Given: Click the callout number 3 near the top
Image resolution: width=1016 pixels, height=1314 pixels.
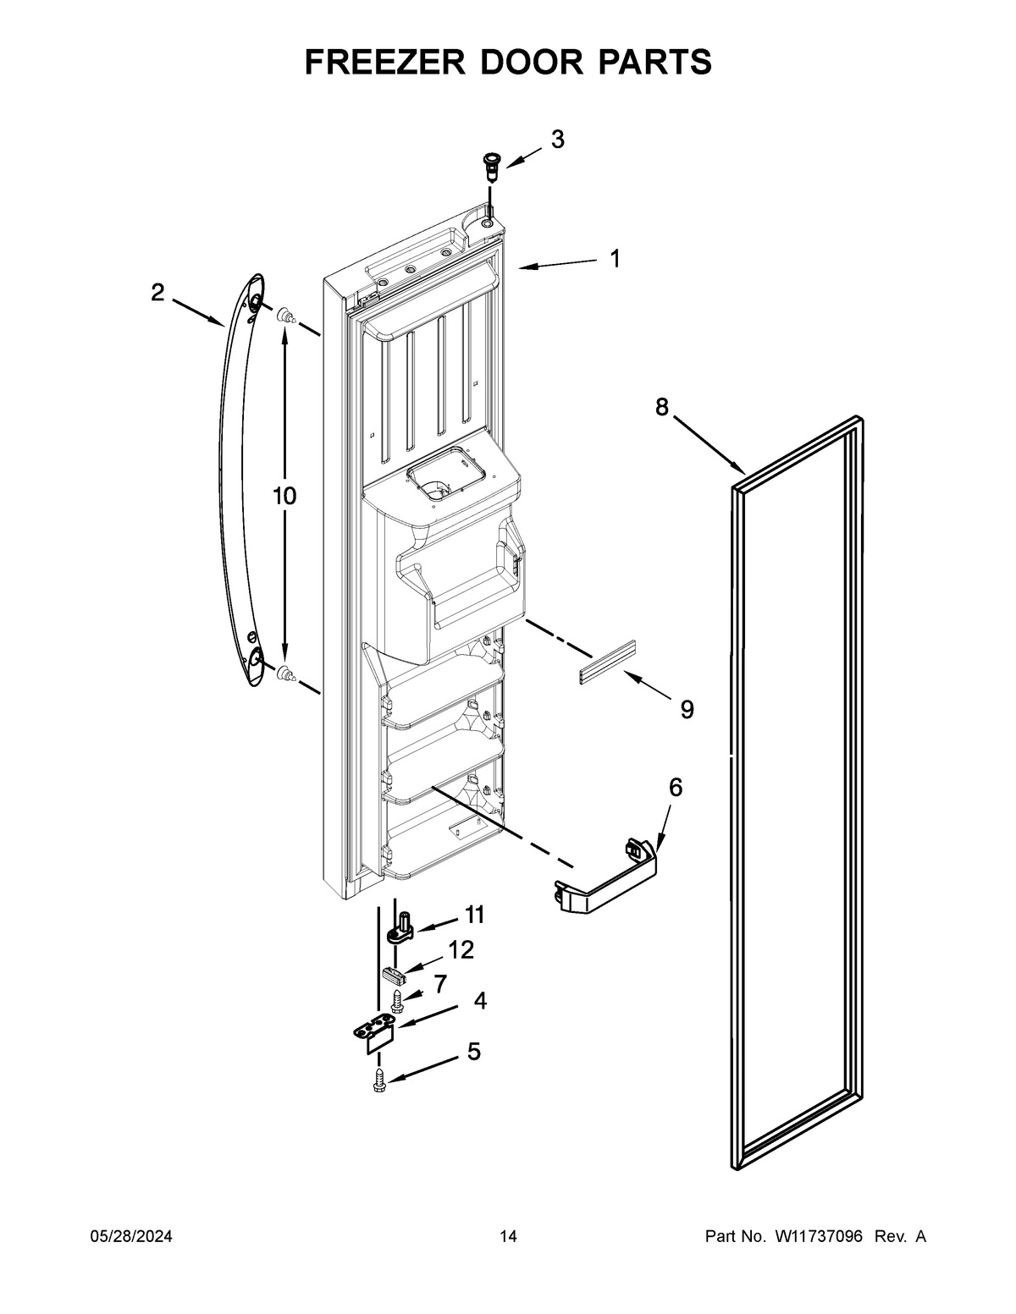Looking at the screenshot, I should coord(557,140).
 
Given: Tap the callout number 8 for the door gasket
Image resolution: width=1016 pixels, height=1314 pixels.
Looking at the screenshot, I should coord(661,407).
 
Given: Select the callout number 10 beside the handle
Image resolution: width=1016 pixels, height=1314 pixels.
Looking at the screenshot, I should coord(284,496).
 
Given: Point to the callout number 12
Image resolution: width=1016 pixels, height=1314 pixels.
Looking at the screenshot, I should coord(461,950).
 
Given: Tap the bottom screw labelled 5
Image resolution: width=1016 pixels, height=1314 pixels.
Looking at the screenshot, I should coord(379,1080).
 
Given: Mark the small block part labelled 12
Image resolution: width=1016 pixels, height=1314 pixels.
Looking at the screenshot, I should coord(392,974).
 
